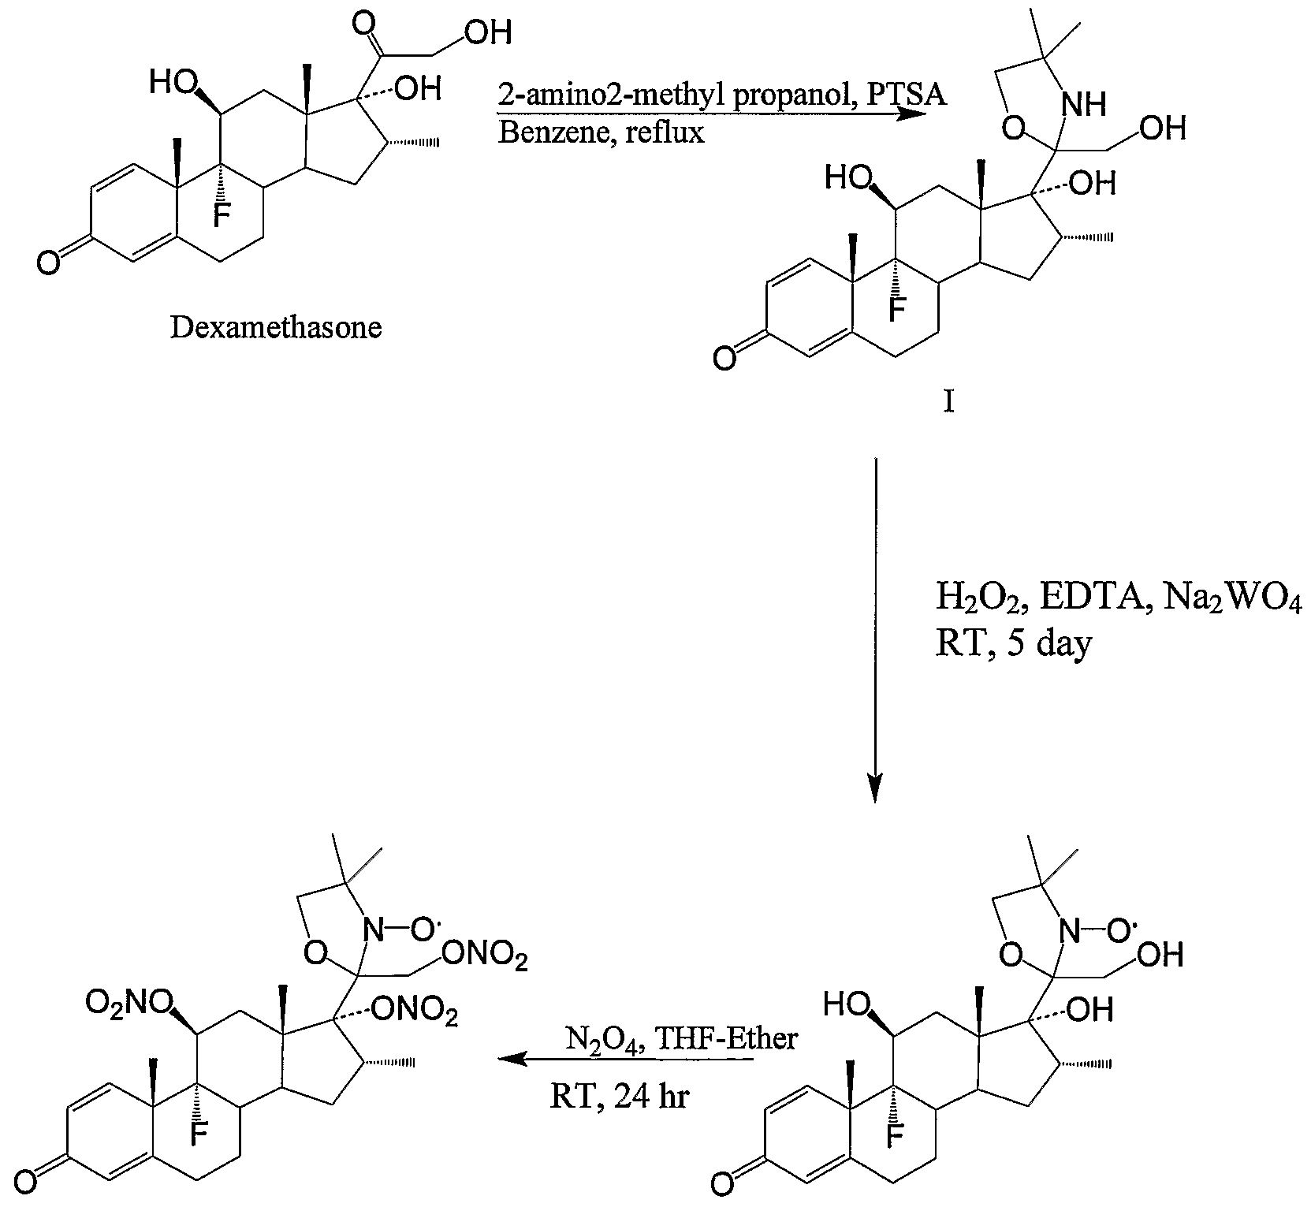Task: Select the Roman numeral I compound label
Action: [948, 403]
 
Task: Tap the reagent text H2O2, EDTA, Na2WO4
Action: [1118, 600]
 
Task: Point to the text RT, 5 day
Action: [1014, 644]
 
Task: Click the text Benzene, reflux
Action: [601, 132]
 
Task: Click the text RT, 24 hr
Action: [619, 1097]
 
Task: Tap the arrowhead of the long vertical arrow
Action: [874, 788]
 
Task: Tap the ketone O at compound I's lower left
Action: [724, 359]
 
